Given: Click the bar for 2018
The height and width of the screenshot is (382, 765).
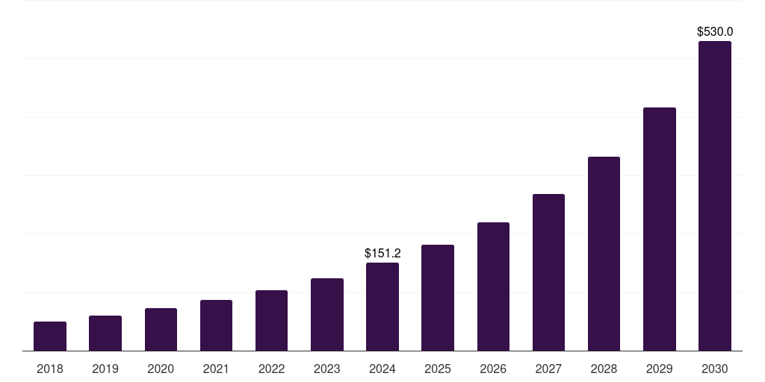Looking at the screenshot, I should click(x=50, y=336).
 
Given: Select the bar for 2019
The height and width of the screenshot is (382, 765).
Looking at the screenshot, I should click(x=105, y=333).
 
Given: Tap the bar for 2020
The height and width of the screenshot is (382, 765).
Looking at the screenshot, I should click(x=161, y=329).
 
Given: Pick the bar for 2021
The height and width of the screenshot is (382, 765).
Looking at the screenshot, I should click(x=216, y=325).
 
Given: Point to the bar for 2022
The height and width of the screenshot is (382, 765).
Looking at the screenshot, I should click(x=271, y=320).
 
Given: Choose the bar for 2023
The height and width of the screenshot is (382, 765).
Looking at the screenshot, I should click(x=327, y=314).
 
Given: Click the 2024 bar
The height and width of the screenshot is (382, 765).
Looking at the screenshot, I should click(x=382, y=307).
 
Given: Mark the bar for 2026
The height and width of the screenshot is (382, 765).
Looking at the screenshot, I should click(x=493, y=286).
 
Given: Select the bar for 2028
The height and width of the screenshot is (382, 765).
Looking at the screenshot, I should click(x=604, y=254).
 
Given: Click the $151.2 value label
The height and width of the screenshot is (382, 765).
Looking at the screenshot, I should click(x=382, y=254).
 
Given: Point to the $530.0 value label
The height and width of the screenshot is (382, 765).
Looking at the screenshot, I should click(x=715, y=32).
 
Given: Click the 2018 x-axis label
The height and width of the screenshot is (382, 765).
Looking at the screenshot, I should click(x=50, y=369).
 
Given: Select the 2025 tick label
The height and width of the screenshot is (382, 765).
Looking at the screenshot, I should click(x=438, y=369).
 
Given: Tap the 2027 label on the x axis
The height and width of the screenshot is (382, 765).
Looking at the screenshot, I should click(x=548, y=369).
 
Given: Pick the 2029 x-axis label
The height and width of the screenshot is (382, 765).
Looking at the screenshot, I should click(x=659, y=369).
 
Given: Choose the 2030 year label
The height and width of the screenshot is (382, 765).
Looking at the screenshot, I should click(x=715, y=369).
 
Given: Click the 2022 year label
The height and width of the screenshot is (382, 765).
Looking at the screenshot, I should click(x=271, y=369).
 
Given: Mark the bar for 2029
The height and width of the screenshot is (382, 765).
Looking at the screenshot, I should click(x=659, y=229).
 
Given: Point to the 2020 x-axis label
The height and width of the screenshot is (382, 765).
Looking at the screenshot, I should click(x=161, y=369).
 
